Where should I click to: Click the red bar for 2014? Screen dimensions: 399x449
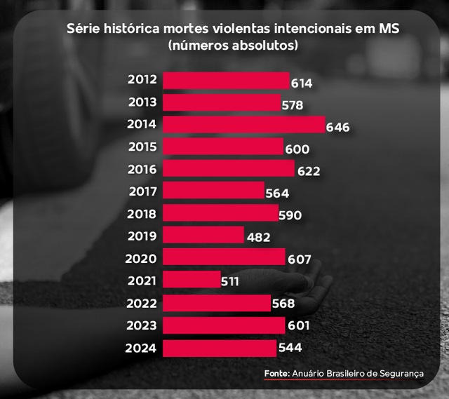click(x=243, y=125)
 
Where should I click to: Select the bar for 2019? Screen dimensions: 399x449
click(x=203, y=235)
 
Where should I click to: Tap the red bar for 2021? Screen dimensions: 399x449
click(x=192, y=279)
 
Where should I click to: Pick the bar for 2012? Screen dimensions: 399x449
click(x=226, y=81)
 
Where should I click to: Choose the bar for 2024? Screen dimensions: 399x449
click(x=220, y=348)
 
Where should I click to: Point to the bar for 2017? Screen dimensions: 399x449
click(x=213, y=191)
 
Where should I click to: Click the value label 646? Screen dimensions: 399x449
click(x=337, y=128)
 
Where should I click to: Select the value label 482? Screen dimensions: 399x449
click(x=259, y=238)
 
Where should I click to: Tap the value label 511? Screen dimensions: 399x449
click(x=229, y=282)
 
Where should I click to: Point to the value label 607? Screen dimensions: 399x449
click(x=299, y=259)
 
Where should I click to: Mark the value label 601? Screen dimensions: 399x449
click(x=297, y=326)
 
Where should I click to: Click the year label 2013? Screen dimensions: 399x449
click(x=142, y=102)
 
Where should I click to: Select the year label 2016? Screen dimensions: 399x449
click(x=142, y=169)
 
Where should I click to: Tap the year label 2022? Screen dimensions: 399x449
click(x=141, y=303)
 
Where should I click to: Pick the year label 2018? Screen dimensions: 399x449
click(x=142, y=213)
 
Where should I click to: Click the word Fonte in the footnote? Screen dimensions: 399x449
click(x=276, y=374)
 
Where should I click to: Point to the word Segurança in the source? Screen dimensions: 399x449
click(x=400, y=374)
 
